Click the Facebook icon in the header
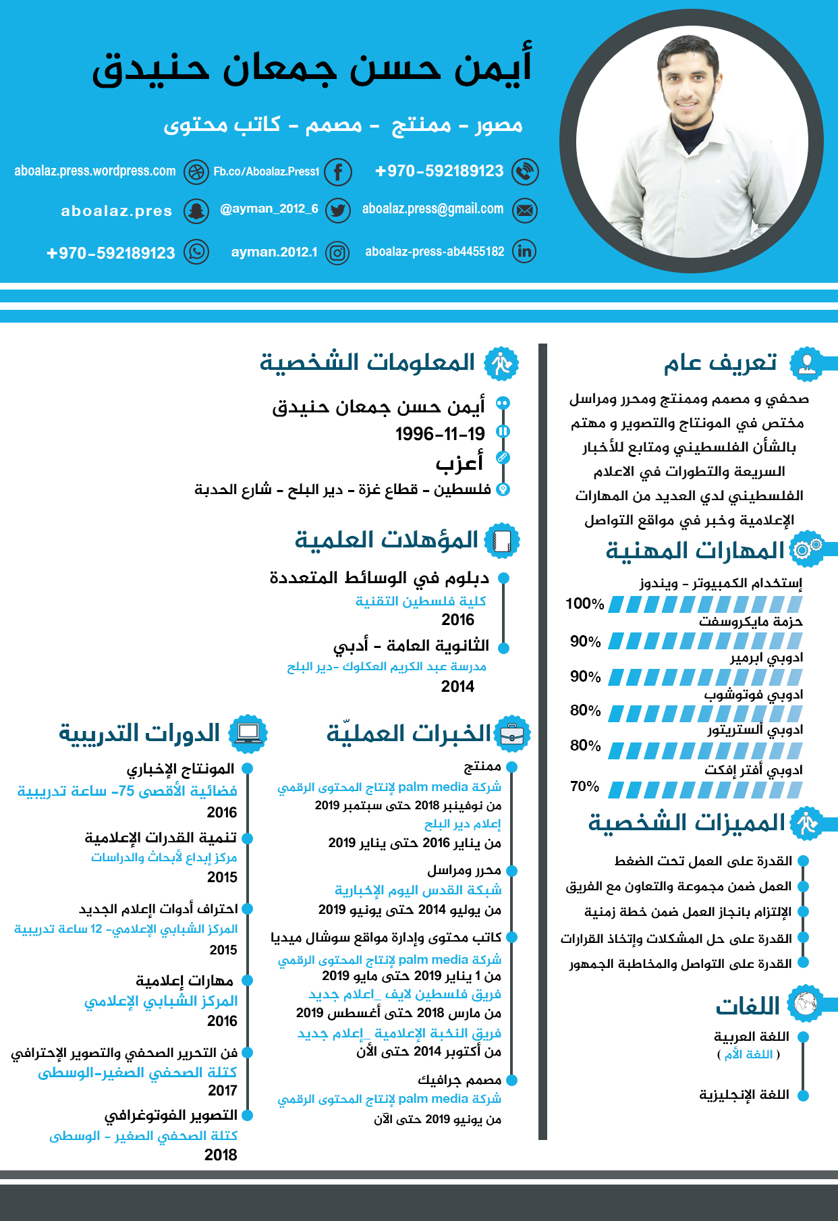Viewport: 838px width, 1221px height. pyautogui.click(x=338, y=172)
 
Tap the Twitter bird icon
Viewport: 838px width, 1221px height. pyautogui.click(x=338, y=211)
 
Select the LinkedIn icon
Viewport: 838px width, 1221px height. pyautogui.click(x=524, y=251)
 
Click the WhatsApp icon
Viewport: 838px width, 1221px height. pyautogui.click(x=196, y=252)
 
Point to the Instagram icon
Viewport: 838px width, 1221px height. pyautogui.click(x=337, y=253)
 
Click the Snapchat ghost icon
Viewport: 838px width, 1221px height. pyautogui.click(x=196, y=211)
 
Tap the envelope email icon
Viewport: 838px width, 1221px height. pyautogui.click(x=524, y=211)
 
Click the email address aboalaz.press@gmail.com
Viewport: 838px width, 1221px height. pyautogui.click(x=432, y=209)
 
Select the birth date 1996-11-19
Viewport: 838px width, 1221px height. pyautogui.click(x=440, y=433)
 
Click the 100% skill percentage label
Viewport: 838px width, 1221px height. pyautogui.click(x=584, y=603)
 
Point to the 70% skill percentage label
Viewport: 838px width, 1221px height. pyautogui.click(x=584, y=786)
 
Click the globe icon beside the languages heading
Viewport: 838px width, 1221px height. pyautogui.click(x=805, y=1004)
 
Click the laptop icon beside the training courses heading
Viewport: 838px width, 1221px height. pyautogui.click(x=248, y=733)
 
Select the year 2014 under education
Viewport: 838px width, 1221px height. pyautogui.click(x=457, y=686)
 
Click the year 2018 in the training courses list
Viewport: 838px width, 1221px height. pyautogui.click(x=221, y=1155)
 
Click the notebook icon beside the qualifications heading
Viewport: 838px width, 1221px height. pyautogui.click(x=501, y=541)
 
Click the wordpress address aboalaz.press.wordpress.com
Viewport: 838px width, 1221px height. pyautogui.click(x=95, y=171)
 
